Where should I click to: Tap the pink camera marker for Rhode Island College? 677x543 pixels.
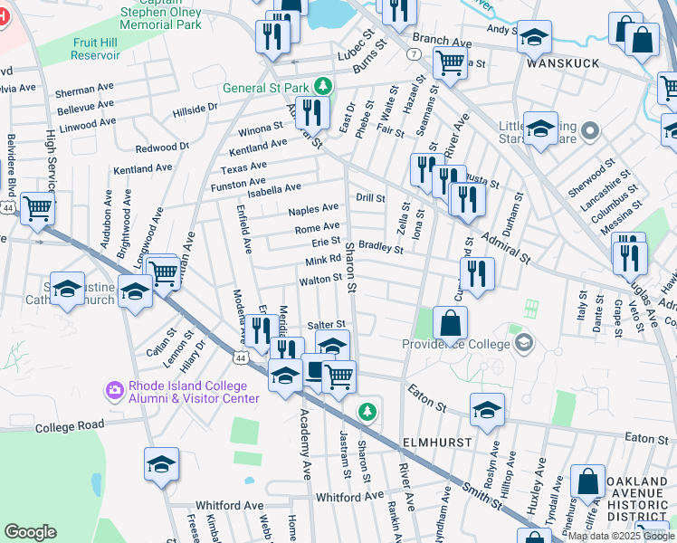click(115, 390)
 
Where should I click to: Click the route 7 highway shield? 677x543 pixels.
click(413, 54)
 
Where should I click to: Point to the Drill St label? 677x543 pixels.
click(370, 197)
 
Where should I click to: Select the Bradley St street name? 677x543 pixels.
click(380, 245)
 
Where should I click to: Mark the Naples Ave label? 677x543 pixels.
click(313, 209)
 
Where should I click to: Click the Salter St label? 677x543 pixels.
click(327, 324)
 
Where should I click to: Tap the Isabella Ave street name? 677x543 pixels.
click(281, 188)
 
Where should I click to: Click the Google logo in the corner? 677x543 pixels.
click(31, 531)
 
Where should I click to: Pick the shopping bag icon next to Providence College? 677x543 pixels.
click(450, 322)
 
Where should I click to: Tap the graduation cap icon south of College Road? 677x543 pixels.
click(161, 464)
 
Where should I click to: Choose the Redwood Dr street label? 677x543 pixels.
click(162, 147)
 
